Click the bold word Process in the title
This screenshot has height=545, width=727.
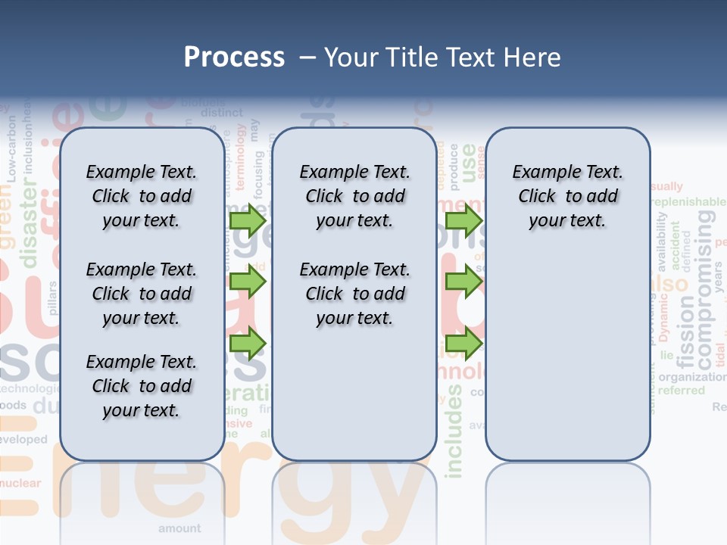pyautogui.click(x=234, y=58)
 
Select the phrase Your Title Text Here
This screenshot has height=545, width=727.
pyautogui.click(x=442, y=58)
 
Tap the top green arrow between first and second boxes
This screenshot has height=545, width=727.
pyautogui.click(x=248, y=221)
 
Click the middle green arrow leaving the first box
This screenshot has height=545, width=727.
pyautogui.click(x=248, y=282)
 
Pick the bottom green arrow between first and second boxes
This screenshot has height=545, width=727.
pyautogui.click(x=248, y=344)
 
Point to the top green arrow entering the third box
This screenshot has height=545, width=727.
pyautogui.click(x=463, y=221)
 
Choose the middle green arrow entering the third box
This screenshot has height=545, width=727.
pyautogui.click(x=463, y=282)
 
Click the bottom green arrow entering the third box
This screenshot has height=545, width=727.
pyautogui.click(x=463, y=344)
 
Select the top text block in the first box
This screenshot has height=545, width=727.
pyautogui.click(x=142, y=196)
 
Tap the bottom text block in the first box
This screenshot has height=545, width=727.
pyautogui.click(x=142, y=386)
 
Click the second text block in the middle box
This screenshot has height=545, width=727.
pyautogui.click(x=354, y=294)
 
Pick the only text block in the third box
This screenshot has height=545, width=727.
pyautogui.click(x=567, y=196)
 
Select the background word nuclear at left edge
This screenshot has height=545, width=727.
pyautogui.click(x=20, y=483)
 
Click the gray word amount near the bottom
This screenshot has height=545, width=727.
pyautogui.click(x=179, y=528)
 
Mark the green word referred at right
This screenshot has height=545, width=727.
pyautogui.click(x=681, y=391)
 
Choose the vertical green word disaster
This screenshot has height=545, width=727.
pyautogui.click(x=30, y=227)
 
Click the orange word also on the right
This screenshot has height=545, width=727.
pyautogui.click(x=669, y=285)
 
